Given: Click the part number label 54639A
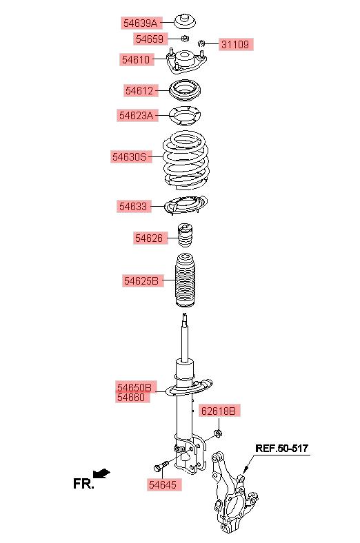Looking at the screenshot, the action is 140,23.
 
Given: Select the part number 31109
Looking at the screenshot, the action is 235,44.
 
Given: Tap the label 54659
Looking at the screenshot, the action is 150,39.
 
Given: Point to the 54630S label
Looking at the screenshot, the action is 130,157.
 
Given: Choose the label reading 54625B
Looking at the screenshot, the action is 141,280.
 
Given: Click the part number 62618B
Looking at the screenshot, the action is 219,411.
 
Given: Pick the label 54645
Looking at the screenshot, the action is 163,485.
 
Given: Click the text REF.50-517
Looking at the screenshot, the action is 281,448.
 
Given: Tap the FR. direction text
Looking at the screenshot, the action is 83,484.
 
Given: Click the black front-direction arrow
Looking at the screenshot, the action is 102,473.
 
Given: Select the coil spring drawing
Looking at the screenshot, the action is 186,161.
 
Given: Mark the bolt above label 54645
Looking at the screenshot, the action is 161,466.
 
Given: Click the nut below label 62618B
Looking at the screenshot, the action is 218,433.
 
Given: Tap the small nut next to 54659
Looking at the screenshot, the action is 185,38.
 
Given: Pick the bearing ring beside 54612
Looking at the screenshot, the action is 185,91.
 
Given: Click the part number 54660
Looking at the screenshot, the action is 131,397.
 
